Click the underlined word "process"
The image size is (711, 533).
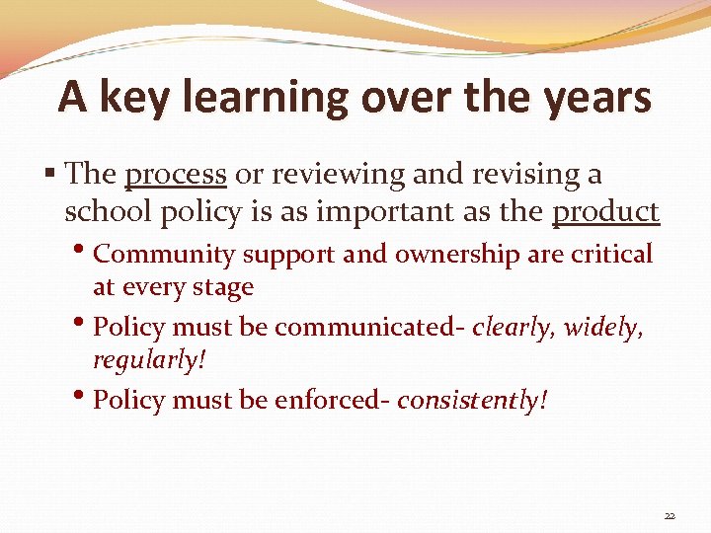[x=176, y=176]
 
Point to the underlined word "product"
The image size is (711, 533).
[x=605, y=211]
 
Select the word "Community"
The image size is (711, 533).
[x=163, y=255]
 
